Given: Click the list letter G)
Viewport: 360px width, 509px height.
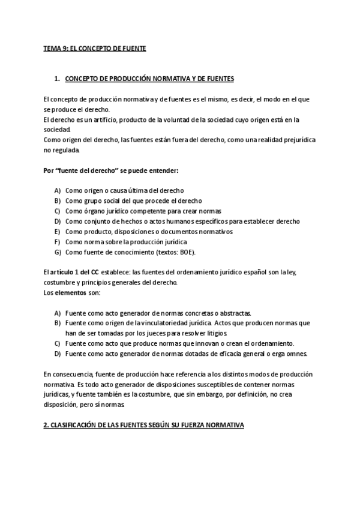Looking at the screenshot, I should click(57, 251).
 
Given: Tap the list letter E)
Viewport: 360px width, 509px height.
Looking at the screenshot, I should click(57, 231).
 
